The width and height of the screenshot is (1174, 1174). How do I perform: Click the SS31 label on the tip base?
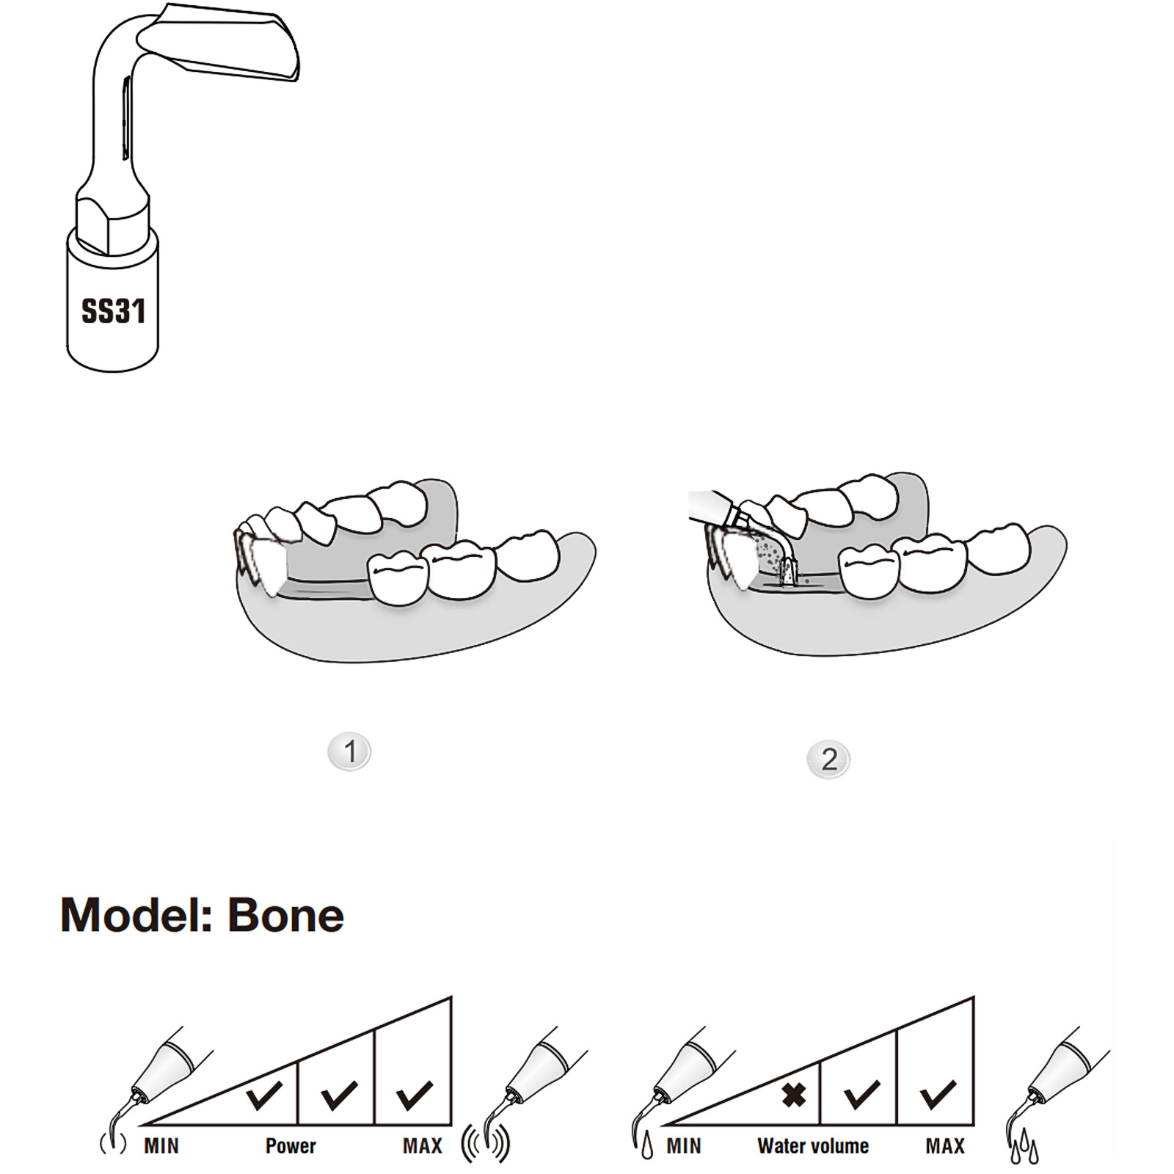(x=113, y=311)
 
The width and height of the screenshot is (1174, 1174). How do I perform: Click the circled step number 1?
(x=349, y=751)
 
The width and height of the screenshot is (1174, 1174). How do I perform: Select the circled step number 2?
(x=828, y=759)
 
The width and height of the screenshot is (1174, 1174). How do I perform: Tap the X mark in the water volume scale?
(x=793, y=1095)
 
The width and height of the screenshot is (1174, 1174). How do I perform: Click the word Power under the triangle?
(x=291, y=1146)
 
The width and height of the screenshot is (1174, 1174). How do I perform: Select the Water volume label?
(x=813, y=1146)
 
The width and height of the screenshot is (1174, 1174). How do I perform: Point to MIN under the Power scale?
(x=161, y=1146)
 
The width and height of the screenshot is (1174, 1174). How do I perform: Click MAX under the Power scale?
(x=423, y=1146)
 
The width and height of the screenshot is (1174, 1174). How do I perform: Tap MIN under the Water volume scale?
(x=684, y=1146)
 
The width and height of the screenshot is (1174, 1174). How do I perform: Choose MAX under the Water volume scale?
(x=945, y=1146)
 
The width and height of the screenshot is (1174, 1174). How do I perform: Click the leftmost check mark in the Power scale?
(x=264, y=1095)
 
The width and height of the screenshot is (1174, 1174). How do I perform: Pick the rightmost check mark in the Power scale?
(x=415, y=1095)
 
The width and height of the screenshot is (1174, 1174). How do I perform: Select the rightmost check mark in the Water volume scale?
(x=938, y=1095)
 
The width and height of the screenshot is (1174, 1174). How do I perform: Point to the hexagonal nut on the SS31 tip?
(x=113, y=223)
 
